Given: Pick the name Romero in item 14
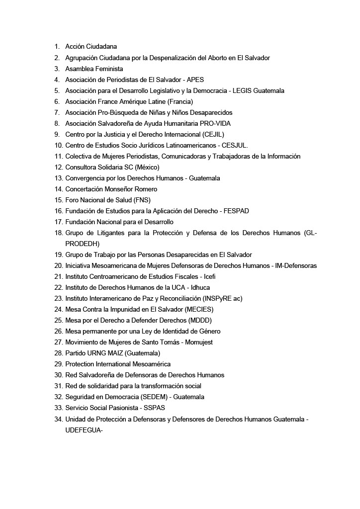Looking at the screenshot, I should [146, 189].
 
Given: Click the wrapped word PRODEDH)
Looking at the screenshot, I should [82, 244].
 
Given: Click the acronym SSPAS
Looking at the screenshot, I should [153, 408].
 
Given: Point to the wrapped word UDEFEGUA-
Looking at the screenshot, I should [84, 429].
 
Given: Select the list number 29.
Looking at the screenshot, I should [58, 364].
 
